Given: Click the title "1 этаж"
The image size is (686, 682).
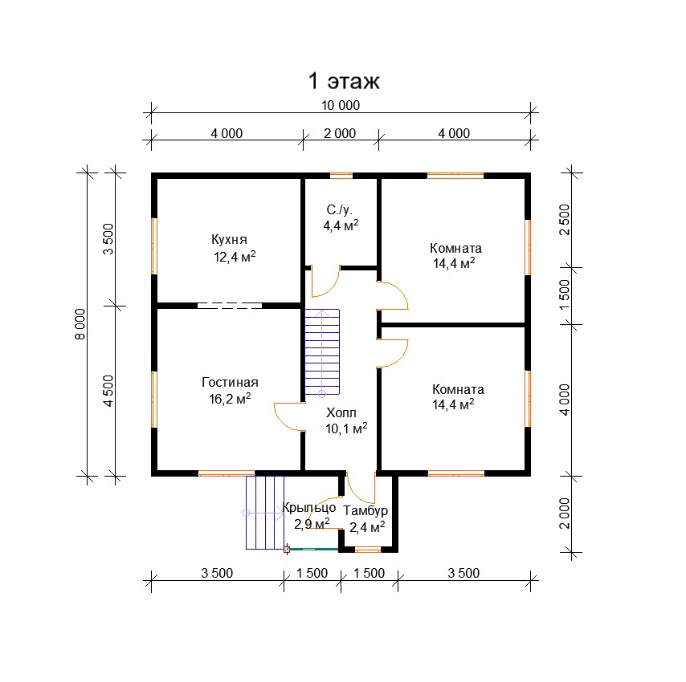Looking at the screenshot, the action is click(x=344, y=81).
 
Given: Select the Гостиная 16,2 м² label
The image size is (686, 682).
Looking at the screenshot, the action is click(x=230, y=391).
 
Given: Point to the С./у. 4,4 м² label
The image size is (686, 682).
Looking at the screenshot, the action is click(x=341, y=217).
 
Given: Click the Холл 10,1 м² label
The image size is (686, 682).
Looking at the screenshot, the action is click(x=346, y=420).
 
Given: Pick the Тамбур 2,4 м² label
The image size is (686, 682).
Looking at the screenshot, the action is click(x=366, y=519).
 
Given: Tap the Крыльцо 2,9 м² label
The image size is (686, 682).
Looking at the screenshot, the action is click(x=309, y=516).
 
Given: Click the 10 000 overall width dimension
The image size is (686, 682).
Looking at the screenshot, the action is click(x=341, y=106).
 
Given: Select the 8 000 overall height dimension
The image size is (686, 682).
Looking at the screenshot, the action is click(x=80, y=324).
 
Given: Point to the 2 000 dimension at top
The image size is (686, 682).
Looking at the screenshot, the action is click(x=340, y=134).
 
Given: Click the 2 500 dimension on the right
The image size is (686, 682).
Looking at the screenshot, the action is click(x=565, y=220).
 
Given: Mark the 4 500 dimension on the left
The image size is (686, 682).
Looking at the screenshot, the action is click(x=108, y=391).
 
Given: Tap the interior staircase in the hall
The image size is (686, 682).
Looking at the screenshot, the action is click(x=322, y=352).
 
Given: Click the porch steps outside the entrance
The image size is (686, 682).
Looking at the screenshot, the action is click(x=265, y=513).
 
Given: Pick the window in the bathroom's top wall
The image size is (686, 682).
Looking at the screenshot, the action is click(x=341, y=176).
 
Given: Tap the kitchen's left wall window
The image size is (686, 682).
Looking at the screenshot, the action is click(x=154, y=246).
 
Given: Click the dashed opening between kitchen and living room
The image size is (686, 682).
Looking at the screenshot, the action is click(x=230, y=306).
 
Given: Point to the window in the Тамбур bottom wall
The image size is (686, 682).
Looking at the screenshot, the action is click(x=368, y=550).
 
